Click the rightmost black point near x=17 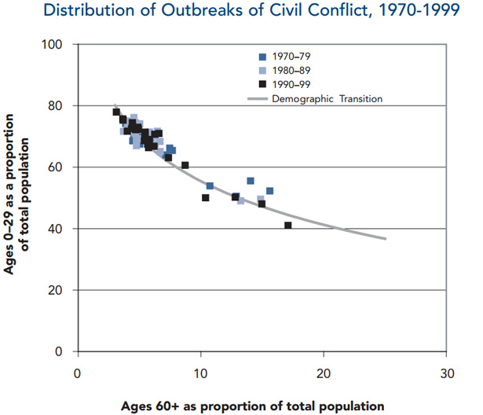coord(288,226)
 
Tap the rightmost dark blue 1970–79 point coord(269,191)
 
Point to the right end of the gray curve coord(385,238)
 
